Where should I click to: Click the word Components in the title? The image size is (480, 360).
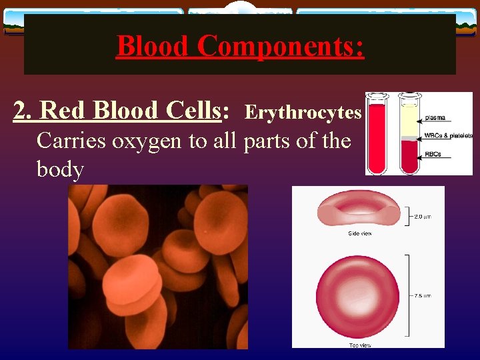281,46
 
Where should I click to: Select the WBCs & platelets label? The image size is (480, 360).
449,135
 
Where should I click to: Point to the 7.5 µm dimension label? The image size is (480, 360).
423,295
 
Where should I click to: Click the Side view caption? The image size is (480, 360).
360,233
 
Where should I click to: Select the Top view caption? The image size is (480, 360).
360,344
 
